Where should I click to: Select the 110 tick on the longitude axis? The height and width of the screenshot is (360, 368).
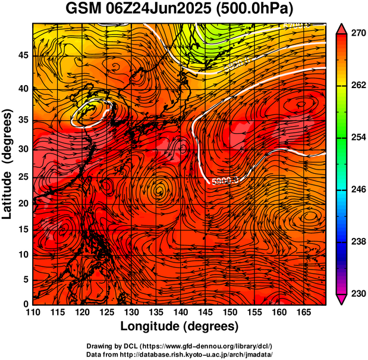[x=33, y=312]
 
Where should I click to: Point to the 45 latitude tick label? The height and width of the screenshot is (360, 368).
[x=23, y=55]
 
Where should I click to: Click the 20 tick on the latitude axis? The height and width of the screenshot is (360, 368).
[x=23, y=204]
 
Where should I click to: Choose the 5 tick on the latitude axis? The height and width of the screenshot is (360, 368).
[x=26, y=280]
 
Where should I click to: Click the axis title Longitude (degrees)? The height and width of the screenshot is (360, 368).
[x=180, y=327]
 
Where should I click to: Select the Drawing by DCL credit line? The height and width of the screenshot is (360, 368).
[x=180, y=346]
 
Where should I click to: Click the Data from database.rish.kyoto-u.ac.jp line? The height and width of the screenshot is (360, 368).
[x=180, y=354]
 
